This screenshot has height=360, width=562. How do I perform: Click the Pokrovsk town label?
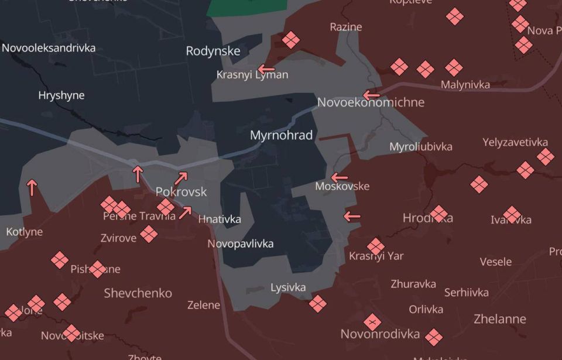181,191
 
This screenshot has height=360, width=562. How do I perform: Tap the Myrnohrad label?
281,135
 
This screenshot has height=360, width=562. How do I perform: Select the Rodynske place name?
213,51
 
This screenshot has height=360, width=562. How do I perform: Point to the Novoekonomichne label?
371,102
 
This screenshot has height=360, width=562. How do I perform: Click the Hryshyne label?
61,95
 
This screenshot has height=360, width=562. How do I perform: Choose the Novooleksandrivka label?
49,48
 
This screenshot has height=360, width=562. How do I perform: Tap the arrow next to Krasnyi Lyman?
266,68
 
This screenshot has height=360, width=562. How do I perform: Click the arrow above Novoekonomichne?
371,95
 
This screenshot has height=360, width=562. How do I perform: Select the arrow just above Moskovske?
340,177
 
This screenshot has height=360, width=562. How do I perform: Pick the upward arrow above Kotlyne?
32,187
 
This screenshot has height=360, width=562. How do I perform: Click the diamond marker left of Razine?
291,40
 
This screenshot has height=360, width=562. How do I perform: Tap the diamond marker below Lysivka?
317,303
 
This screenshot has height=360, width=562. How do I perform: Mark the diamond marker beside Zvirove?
149,234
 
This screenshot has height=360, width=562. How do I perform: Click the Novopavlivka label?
241,244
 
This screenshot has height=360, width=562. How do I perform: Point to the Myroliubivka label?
421,146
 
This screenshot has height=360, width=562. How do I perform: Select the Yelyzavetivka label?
515,142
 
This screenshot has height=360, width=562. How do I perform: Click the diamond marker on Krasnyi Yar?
376,246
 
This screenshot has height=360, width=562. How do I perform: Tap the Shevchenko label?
138,293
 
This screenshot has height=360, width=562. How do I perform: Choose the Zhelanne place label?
499,319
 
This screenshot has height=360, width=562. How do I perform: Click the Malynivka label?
465,85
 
